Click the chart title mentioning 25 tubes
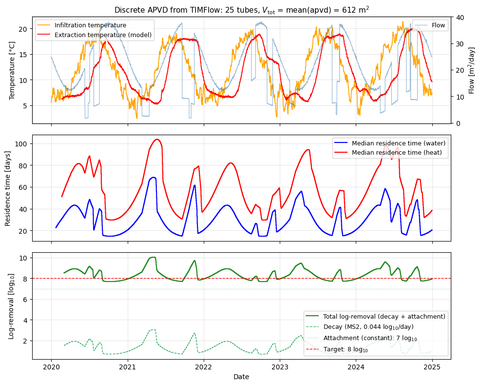tap(242, 10)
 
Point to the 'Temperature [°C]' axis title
tap(12, 70)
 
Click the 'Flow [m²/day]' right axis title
tap(471, 70)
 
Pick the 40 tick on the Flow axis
tap(459, 17)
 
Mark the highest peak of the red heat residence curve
tap(156, 140)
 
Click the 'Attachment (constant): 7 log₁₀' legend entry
tap(370, 338)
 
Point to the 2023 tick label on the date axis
tap(280, 367)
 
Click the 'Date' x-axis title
tap(241, 377)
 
